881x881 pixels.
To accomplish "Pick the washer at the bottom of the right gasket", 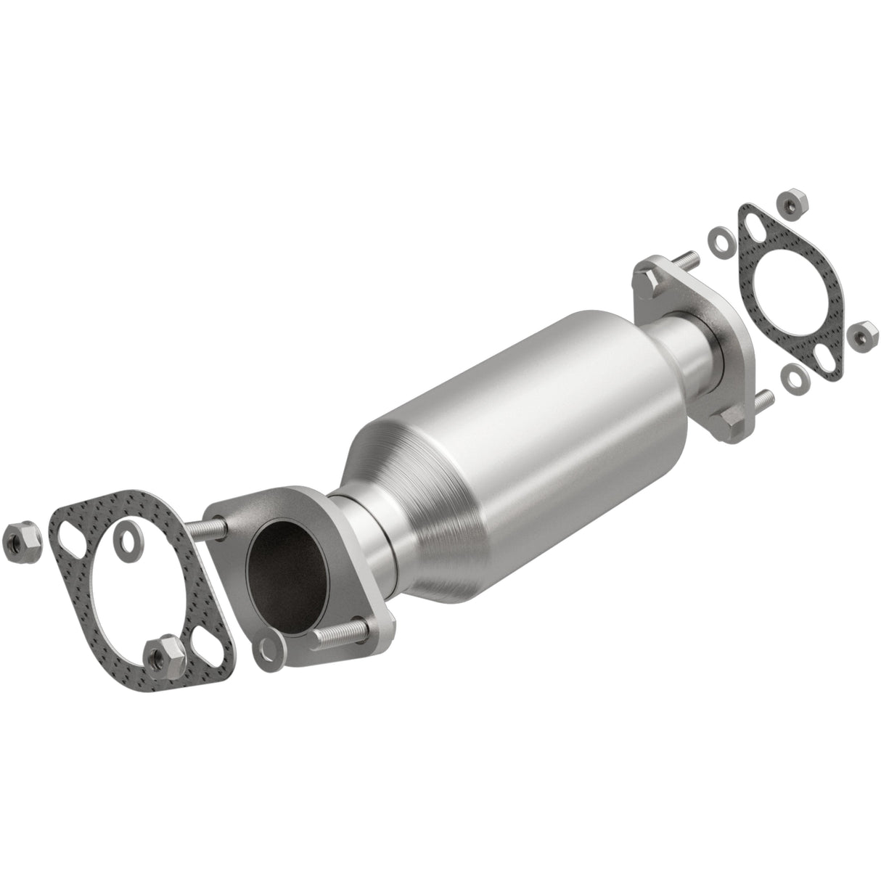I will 795,376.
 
